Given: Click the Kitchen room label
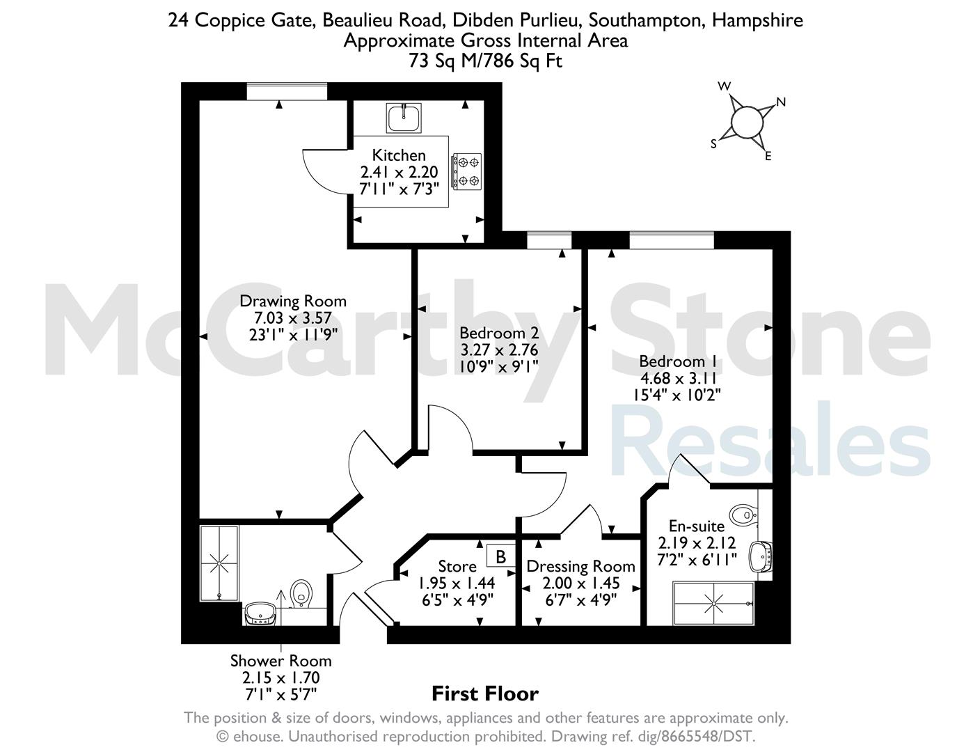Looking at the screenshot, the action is pyautogui.click(x=399, y=155).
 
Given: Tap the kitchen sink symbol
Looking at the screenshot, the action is pyautogui.click(x=404, y=118).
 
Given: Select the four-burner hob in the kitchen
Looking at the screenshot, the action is pyautogui.click(x=466, y=171).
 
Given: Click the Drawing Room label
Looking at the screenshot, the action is pyautogui.click(x=293, y=301).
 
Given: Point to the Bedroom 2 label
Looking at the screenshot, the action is pyautogui.click(x=499, y=334).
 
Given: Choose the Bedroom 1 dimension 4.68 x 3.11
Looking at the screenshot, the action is pyautogui.click(x=678, y=379).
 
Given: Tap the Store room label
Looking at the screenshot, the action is pyautogui.click(x=457, y=567).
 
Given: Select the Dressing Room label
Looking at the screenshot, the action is pyautogui.click(x=580, y=567).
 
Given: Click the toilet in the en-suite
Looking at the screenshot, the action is pyautogui.click(x=744, y=515).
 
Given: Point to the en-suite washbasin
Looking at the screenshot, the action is pyautogui.click(x=759, y=557).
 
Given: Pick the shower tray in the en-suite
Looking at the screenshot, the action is pyautogui.click(x=714, y=603).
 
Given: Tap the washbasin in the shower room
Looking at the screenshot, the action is pyautogui.click(x=260, y=613).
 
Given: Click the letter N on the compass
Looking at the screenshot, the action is pyautogui.click(x=781, y=102).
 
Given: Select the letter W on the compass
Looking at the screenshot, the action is pyautogui.click(x=725, y=86).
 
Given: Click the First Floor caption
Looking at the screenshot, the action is pyautogui.click(x=485, y=694).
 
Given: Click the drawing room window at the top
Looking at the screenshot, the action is pyautogui.click(x=287, y=91).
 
